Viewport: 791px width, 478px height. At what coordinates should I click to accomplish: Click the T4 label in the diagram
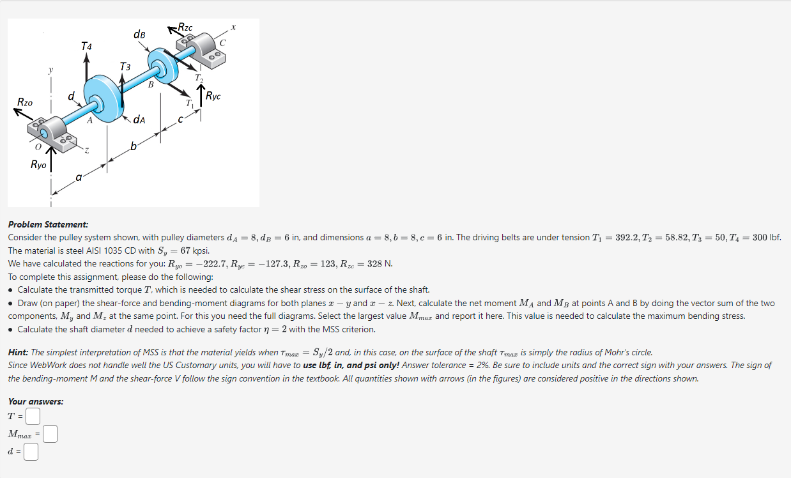tap(86, 46)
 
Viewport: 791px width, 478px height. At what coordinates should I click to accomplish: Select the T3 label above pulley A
tap(125, 66)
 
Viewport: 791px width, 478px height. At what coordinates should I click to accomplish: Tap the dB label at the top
tap(139, 34)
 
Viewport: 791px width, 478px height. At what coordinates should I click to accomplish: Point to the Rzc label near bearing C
tap(185, 27)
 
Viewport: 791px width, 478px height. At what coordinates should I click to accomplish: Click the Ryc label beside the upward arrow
tap(213, 96)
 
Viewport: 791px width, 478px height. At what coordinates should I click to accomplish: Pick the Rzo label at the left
tap(25, 102)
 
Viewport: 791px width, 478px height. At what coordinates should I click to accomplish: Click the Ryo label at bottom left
tap(38, 164)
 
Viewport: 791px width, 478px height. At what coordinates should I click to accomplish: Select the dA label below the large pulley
tap(139, 119)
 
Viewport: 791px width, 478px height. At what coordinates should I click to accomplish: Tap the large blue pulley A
tap(101, 96)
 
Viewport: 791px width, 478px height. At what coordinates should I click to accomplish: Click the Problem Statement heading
tap(48, 224)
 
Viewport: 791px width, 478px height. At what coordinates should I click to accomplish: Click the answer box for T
tap(33, 417)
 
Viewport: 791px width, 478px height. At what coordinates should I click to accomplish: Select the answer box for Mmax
tap(50, 435)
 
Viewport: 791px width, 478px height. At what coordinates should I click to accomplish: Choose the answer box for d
tap(31, 452)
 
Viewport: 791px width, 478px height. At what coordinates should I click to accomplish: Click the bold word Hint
tap(18, 352)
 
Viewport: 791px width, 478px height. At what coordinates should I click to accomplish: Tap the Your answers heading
tap(35, 401)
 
